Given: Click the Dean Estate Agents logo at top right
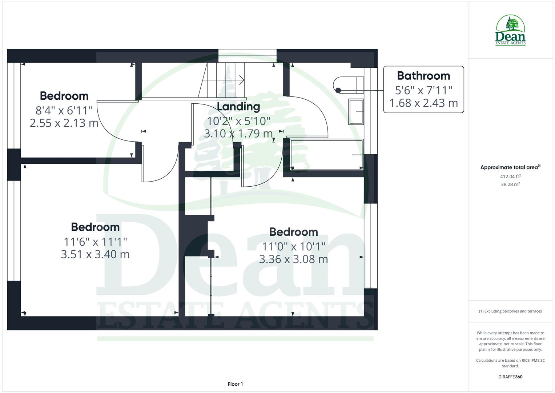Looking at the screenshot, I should pyautogui.click(x=510, y=30).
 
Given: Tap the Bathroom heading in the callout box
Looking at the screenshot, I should pyautogui.click(x=423, y=76).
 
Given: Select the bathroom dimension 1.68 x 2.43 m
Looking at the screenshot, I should pyautogui.click(x=423, y=103).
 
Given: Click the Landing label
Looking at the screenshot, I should pyautogui.click(x=238, y=107).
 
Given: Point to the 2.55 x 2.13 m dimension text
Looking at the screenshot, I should pyautogui.click(x=64, y=123).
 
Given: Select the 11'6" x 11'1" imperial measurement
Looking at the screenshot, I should pyautogui.click(x=95, y=241).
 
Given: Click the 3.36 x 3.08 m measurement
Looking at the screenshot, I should pyautogui.click(x=293, y=259).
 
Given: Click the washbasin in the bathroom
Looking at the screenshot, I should pyautogui.click(x=356, y=112).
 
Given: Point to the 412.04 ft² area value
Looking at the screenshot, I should pyautogui.click(x=510, y=176).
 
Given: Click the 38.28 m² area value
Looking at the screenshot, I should pyautogui.click(x=510, y=184).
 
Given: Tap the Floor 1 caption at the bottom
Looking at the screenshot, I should pyautogui.click(x=235, y=384).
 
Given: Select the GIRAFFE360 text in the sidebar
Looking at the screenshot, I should pyautogui.click(x=510, y=377).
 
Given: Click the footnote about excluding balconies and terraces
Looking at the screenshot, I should pyautogui.click(x=510, y=311).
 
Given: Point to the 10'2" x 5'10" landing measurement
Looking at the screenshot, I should pyautogui.click(x=238, y=120).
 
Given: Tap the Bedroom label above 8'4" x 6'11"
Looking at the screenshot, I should pyautogui.click(x=64, y=96).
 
